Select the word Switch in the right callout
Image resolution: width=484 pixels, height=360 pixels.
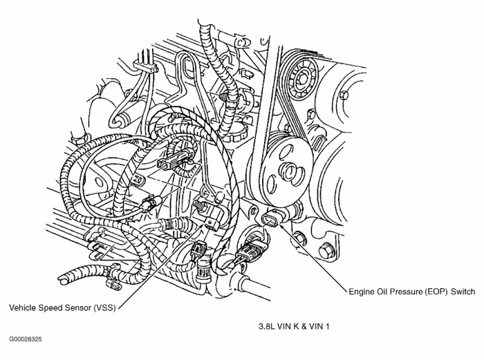(463, 293)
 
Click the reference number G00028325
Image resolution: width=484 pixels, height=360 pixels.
(26, 340)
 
